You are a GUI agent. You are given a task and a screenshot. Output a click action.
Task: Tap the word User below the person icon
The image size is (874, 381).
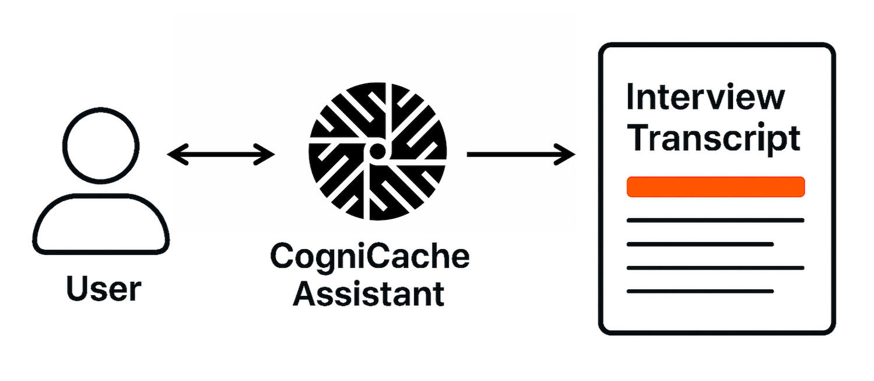103,289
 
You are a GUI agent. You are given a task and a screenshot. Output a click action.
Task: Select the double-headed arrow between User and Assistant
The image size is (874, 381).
220,154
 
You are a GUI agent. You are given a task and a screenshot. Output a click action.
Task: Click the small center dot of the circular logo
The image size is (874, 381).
377,152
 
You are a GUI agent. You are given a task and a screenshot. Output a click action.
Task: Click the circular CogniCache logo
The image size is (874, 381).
377,151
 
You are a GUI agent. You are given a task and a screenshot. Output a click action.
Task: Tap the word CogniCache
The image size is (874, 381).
370,258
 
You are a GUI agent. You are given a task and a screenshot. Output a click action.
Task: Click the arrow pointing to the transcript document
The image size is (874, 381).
519,154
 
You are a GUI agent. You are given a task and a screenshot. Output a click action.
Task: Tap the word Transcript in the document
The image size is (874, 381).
713,139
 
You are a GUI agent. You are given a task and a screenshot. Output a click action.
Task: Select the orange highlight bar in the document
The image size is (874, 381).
715,187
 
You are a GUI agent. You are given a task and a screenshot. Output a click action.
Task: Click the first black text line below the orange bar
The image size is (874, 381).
715,221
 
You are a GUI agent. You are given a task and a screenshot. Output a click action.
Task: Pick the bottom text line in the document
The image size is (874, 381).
700,291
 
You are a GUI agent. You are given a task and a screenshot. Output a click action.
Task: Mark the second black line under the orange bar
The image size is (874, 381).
700,244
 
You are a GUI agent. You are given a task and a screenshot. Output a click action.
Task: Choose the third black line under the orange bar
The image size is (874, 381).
715,268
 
